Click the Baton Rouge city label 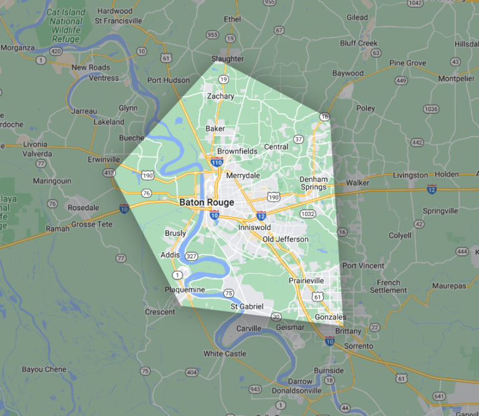click(206, 203)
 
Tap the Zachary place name click(220, 96)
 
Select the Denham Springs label click(313, 183)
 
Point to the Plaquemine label click(185, 290)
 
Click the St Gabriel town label click(248, 306)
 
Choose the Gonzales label click(331, 317)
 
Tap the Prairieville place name click(306, 281)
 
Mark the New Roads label click(91, 67)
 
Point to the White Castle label click(225, 354)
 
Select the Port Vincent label click(364, 266)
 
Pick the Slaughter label click(228, 59)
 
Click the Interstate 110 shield click(216, 163)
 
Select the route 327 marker click(191, 256)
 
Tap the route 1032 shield click(307, 213)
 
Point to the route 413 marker click(110, 172)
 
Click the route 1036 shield click(413, 109)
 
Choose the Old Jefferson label click(286, 239)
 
